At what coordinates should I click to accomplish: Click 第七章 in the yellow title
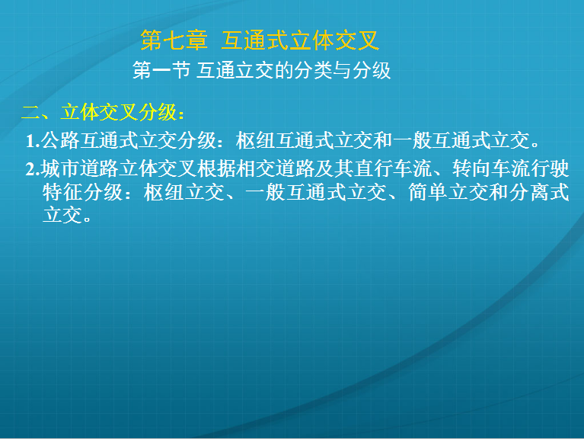click(x=174, y=40)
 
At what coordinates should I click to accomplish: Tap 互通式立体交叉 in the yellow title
click(x=300, y=40)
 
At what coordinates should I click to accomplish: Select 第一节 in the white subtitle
click(x=161, y=70)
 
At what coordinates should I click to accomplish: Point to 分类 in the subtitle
click(x=313, y=70)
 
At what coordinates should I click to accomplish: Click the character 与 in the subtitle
click(x=343, y=70)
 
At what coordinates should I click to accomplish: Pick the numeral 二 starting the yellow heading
click(x=31, y=112)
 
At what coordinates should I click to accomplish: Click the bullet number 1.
click(x=33, y=141)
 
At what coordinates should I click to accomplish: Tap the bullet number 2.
click(x=33, y=169)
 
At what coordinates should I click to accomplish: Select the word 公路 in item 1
click(x=60, y=141)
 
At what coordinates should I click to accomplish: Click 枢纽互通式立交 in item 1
click(x=304, y=141)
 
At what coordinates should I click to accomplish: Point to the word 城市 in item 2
click(x=60, y=168)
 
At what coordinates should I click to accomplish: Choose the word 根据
click(x=216, y=168)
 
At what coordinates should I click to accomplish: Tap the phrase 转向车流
click(x=491, y=168)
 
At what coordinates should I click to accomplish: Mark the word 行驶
click(x=550, y=168)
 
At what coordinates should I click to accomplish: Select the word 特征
click(x=62, y=192)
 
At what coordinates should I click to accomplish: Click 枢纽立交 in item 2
click(x=184, y=192)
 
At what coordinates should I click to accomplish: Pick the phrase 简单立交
click(x=448, y=192)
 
